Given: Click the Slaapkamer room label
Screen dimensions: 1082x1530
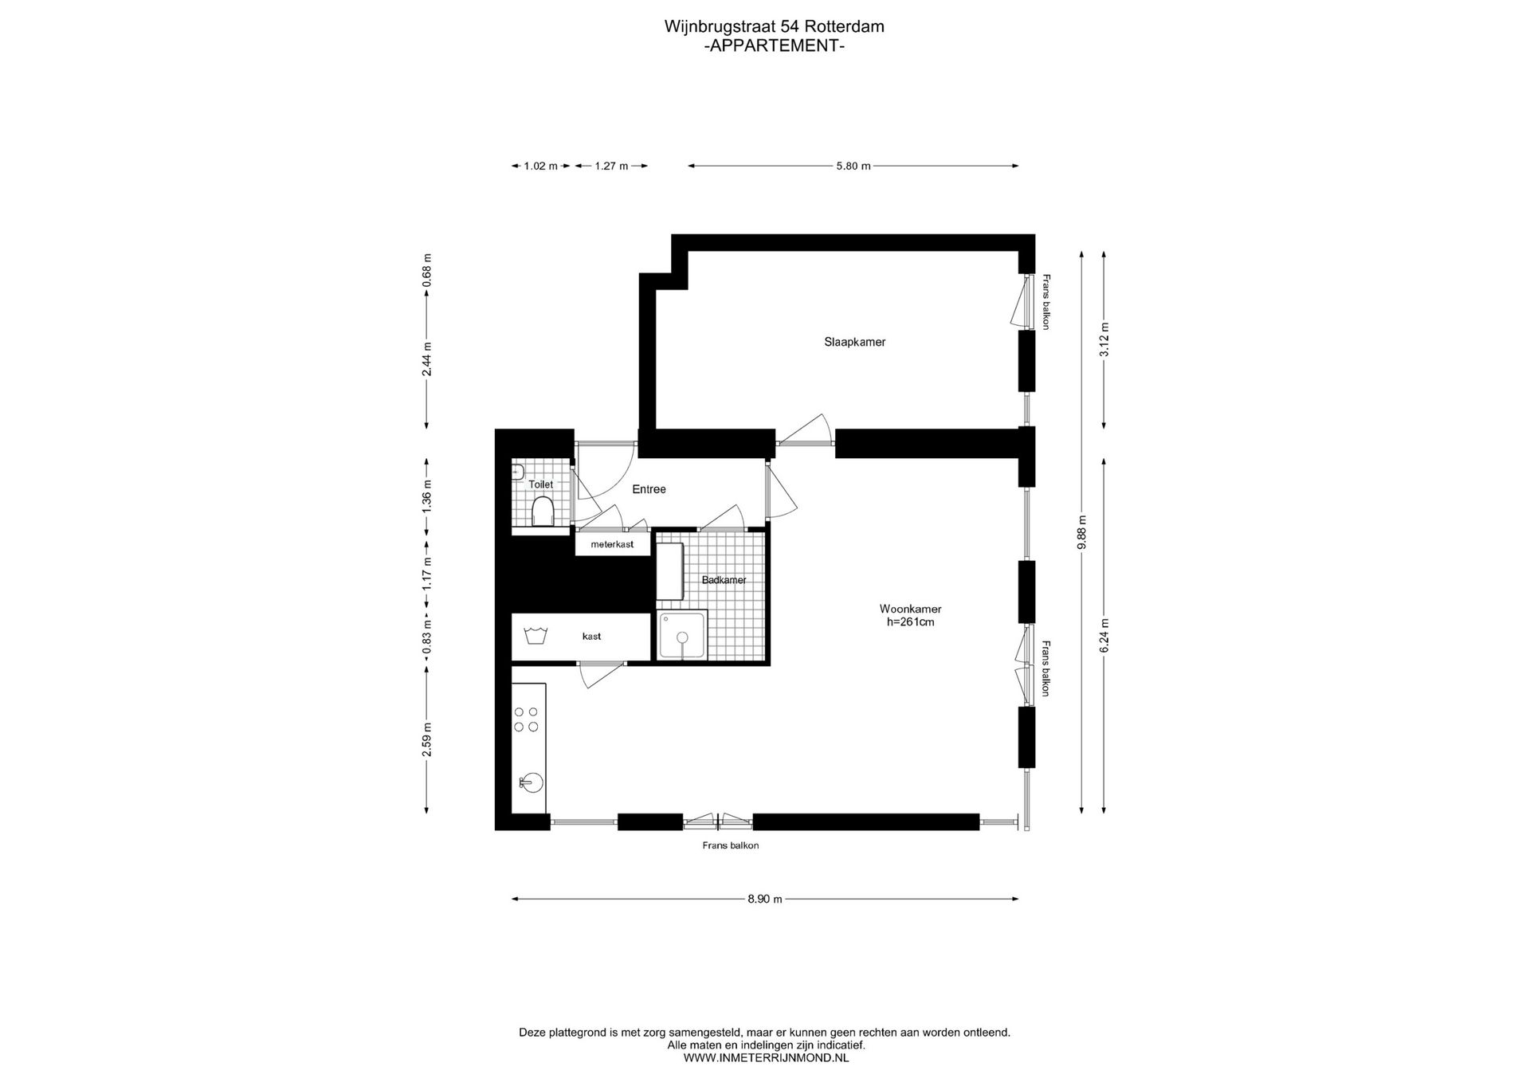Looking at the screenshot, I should (854, 342).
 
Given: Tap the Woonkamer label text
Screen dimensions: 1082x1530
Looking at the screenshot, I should (910, 609).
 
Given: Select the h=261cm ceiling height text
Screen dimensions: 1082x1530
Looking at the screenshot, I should (910, 621).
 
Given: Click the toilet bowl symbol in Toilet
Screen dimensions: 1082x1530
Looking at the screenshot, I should (543, 512).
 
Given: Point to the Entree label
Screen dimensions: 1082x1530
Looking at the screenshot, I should (649, 489).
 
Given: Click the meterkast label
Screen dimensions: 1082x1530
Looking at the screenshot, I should (612, 544).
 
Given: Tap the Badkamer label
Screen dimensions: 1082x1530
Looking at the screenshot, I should (724, 580).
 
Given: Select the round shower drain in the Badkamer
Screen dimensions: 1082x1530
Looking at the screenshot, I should (682, 637).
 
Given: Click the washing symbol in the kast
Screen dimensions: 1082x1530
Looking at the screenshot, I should (535, 636).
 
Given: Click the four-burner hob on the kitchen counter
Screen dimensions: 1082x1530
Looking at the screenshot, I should (526, 719).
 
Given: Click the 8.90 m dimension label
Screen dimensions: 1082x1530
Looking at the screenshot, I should (764, 899).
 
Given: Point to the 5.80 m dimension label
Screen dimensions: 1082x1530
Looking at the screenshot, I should (853, 166).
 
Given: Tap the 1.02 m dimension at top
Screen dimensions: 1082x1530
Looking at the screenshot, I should (540, 166).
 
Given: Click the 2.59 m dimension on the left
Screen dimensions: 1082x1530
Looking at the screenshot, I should (427, 739).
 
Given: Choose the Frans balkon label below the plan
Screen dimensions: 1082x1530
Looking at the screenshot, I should (730, 845).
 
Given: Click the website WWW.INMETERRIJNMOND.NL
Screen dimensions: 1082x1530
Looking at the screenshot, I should (766, 1058).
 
